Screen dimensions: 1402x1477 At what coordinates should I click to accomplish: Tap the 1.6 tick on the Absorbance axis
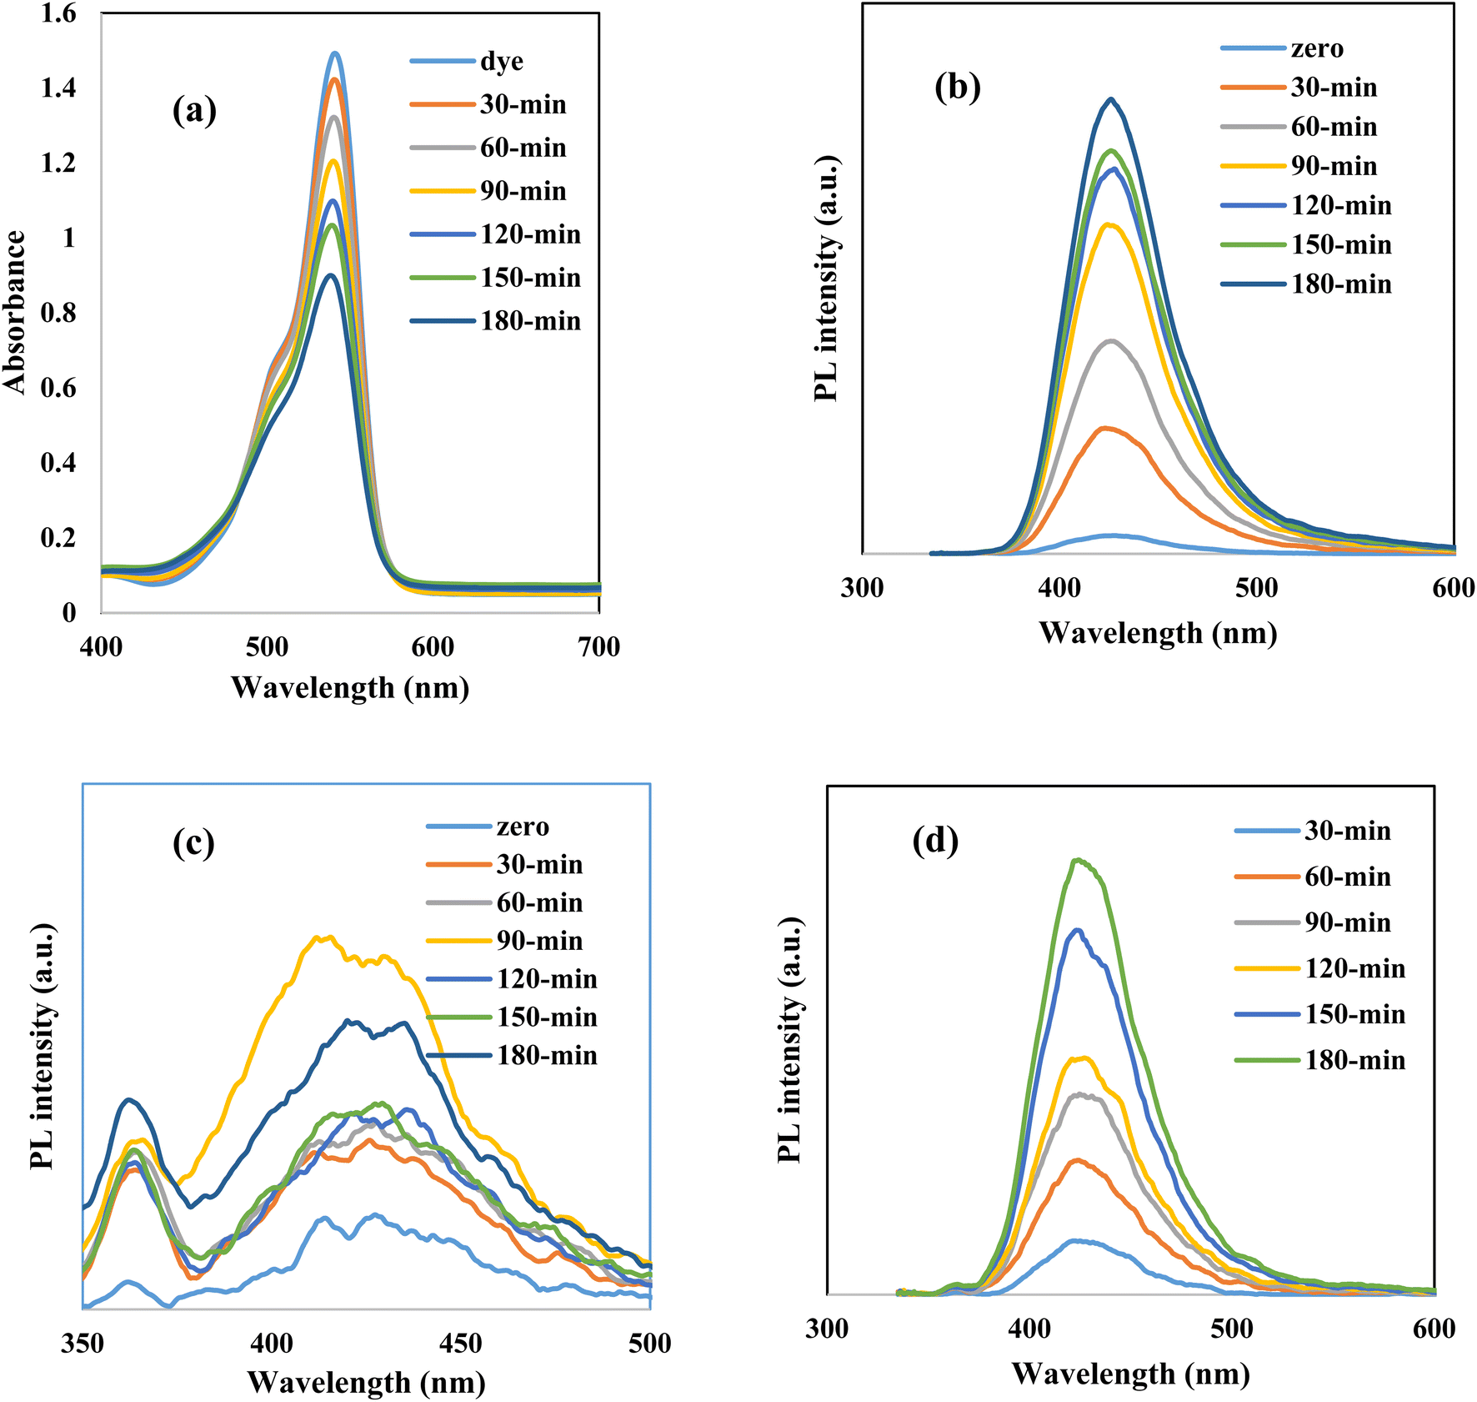58,13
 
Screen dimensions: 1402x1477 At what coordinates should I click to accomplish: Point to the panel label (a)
194,110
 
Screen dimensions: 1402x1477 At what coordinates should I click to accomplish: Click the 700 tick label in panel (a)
598,647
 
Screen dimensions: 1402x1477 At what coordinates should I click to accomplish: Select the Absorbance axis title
15,312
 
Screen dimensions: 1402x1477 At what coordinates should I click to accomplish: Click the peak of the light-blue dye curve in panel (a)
335,53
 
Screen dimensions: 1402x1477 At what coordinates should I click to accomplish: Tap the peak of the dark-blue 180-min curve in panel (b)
1110,99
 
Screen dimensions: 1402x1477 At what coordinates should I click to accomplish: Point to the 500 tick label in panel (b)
1256,588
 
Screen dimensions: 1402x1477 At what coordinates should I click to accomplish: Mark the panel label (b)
957,87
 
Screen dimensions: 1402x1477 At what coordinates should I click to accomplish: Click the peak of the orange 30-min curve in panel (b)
1104,428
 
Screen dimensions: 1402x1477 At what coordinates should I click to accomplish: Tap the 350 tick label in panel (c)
83,1344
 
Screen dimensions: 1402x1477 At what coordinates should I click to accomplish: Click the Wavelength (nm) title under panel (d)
1130,1374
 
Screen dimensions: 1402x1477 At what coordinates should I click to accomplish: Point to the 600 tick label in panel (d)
1434,1329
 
